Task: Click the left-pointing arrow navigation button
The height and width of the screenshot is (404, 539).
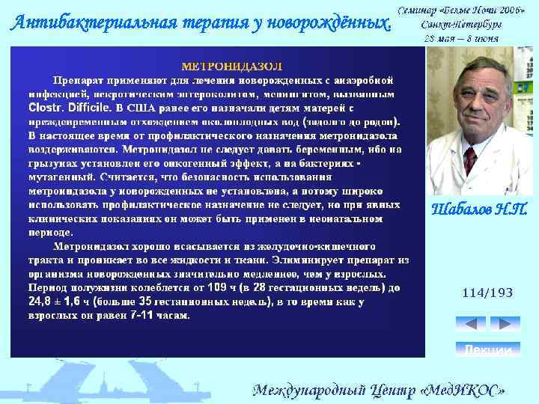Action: [x=471, y=323]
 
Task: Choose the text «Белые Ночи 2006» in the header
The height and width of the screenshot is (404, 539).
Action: [x=478, y=10]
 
